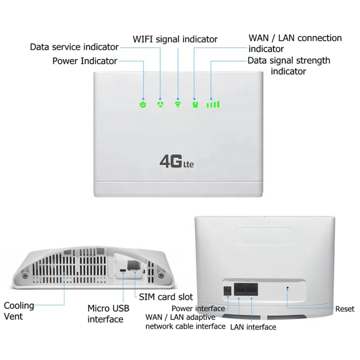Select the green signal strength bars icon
(213, 104)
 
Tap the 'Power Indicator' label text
(85, 61)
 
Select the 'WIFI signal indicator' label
(175, 39)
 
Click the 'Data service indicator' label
(74, 47)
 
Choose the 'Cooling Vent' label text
(19, 310)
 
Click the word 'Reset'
(345, 309)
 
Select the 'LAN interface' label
(253, 327)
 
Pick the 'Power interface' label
(198, 308)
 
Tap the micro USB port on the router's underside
(122, 271)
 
